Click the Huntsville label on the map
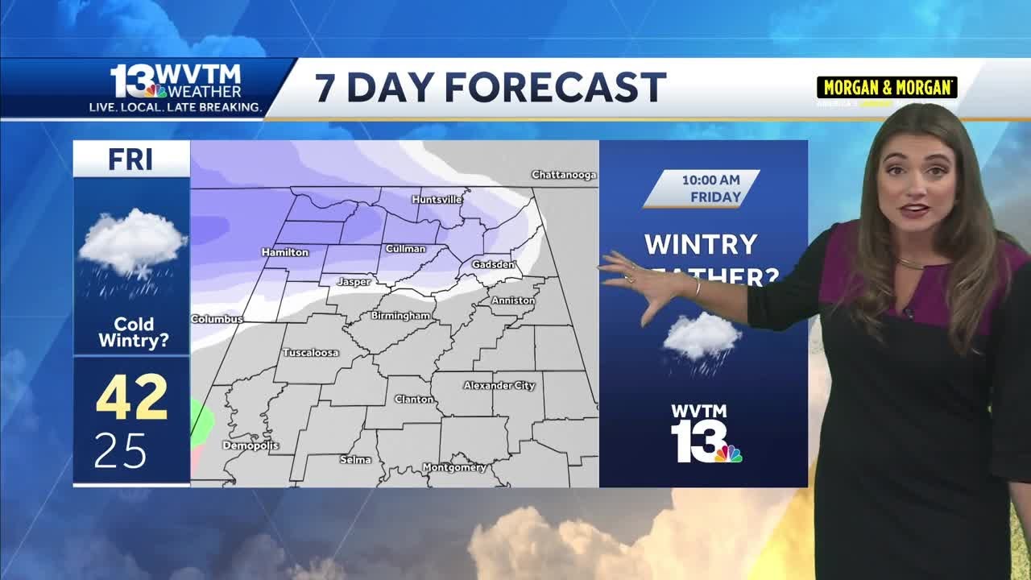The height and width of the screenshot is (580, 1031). tap(437, 199)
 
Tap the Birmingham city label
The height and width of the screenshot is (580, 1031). tap(400, 316)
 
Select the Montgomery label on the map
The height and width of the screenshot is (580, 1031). tap(454, 467)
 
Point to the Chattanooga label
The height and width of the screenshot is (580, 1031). tap(564, 175)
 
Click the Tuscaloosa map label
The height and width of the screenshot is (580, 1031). tap(310, 353)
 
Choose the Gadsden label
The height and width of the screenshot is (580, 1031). tap(493, 265)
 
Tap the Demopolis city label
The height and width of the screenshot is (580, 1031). tap(251, 445)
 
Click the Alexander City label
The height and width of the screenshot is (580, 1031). tap(499, 386)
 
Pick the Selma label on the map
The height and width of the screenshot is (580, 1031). tap(355, 459)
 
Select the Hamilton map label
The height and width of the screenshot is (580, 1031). tap(285, 252)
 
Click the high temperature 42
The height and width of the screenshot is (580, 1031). tap(132, 398)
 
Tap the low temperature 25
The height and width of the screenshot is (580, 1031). tap(120, 451)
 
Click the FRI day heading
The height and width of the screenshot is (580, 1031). tap(130, 159)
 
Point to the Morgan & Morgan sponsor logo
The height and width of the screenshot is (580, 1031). tap(887, 88)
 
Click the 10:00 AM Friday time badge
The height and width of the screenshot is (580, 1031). tap(702, 188)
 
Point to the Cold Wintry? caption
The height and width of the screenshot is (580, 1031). tap(133, 333)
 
